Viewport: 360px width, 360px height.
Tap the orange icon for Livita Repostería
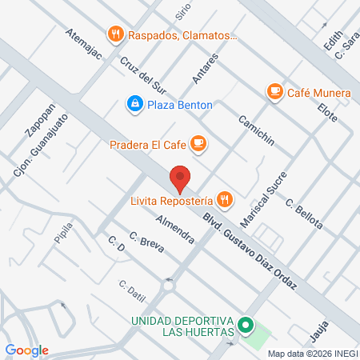(226, 199)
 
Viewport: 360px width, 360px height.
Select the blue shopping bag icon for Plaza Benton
(134, 103)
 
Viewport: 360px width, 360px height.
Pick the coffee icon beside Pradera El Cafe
(199, 145)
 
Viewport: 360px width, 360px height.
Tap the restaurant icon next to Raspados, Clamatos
(116, 34)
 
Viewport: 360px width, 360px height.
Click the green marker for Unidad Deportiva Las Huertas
(247, 326)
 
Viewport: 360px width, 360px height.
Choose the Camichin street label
(258, 130)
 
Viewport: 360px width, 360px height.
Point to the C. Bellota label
(305, 214)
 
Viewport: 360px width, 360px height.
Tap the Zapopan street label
(39, 120)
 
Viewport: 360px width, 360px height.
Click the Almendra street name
(175, 229)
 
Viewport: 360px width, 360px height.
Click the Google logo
(26, 350)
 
